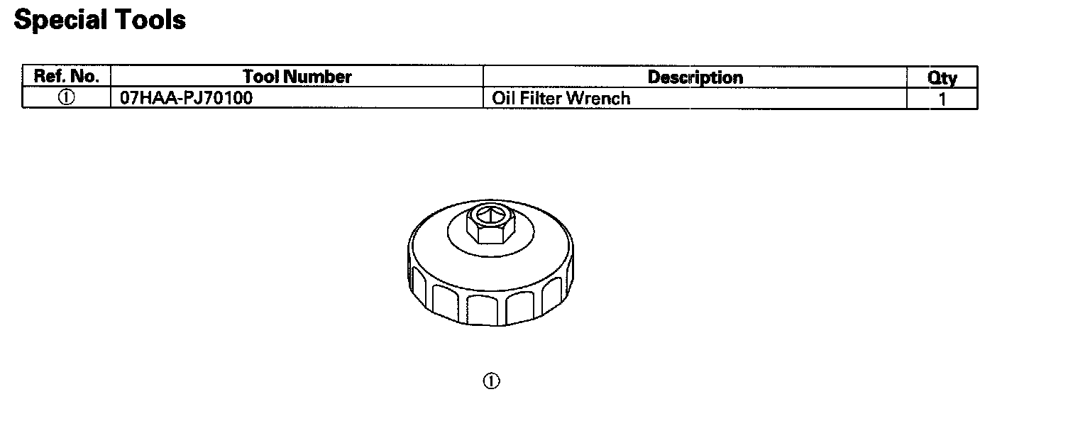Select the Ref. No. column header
(66, 76)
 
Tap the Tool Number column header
(297, 76)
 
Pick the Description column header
(695, 77)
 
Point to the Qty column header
(942, 77)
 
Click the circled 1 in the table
(66, 97)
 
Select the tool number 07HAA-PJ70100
(186, 98)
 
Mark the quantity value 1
(942, 99)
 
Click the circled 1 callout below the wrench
(491, 381)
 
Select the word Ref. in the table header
(49, 76)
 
